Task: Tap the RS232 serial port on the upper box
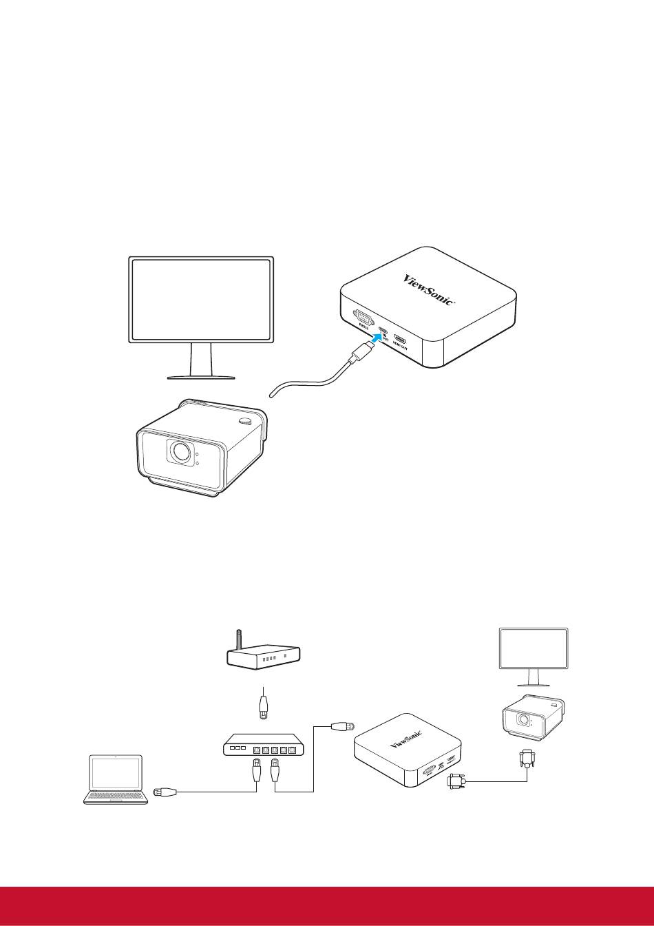[362, 319]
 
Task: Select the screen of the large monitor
[201, 299]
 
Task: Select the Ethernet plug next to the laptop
[166, 792]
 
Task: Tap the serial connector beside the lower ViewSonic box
[456, 781]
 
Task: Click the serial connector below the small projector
[527, 760]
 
